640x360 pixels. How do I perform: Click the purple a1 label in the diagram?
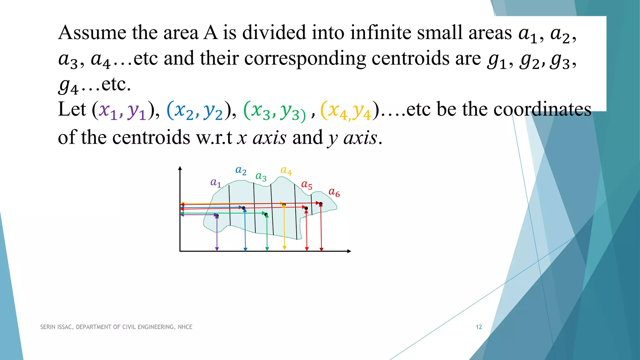(216, 182)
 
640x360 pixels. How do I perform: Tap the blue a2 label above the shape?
(241, 171)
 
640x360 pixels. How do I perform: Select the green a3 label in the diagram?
(261, 177)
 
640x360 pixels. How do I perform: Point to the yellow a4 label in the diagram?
(286, 171)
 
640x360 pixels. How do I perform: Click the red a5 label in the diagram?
(307, 185)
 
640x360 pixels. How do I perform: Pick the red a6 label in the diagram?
(334, 192)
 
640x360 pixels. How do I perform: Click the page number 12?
(479, 327)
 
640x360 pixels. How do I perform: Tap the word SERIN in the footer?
(47, 327)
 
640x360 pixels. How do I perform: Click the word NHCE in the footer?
(185, 327)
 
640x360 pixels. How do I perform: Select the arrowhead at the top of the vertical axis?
(180, 168)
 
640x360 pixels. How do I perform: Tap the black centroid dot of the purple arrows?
(217, 216)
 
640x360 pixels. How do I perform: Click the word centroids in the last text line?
(151, 137)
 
